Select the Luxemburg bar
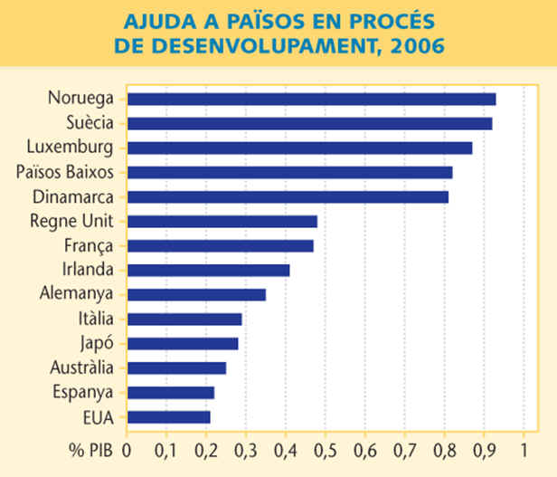[299, 148]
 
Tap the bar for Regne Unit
[222, 221]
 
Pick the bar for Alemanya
[196, 294]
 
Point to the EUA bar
[168, 416]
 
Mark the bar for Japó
[182, 343]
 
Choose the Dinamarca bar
[288, 196]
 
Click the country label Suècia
[90, 122]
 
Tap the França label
[89, 244]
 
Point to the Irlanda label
[88, 269]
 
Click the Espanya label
[84, 392]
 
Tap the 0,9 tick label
[484, 450]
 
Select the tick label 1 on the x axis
[524, 450]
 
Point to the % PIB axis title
[92, 450]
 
